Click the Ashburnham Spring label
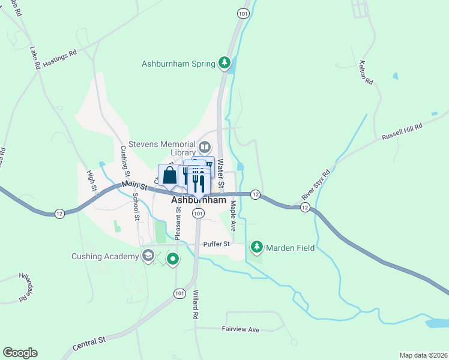click(x=178, y=64)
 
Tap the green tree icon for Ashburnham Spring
click(x=224, y=62)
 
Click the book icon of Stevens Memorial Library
click(x=205, y=147)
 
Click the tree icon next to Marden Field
click(x=257, y=247)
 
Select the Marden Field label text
click(x=291, y=247)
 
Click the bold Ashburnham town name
click(x=198, y=200)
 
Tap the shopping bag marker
click(x=169, y=175)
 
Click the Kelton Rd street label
click(x=366, y=72)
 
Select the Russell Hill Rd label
click(x=402, y=133)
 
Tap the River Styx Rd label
click(x=316, y=184)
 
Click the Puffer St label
click(x=217, y=244)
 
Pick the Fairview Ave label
click(x=240, y=329)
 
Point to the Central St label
click(x=89, y=343)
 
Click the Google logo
click(x=20, y=353)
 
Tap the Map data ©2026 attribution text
click(x=423, y=355)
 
